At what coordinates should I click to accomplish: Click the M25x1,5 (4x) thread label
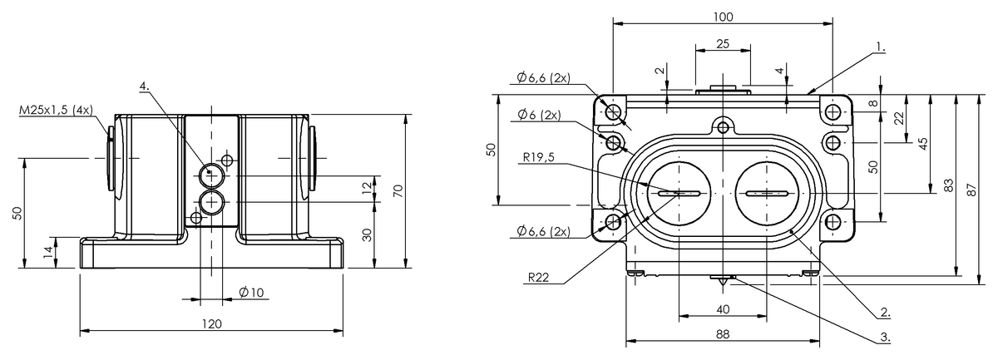57,110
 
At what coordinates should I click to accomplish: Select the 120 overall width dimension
211,324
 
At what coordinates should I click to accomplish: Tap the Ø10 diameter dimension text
252,293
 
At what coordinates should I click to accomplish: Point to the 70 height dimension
399,190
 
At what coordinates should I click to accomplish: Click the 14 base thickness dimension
48,253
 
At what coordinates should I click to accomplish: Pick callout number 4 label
144,86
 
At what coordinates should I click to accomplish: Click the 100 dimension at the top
723,17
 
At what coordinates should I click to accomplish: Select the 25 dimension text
723,44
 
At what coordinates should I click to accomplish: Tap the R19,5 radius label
539,157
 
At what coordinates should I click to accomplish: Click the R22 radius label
538,278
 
